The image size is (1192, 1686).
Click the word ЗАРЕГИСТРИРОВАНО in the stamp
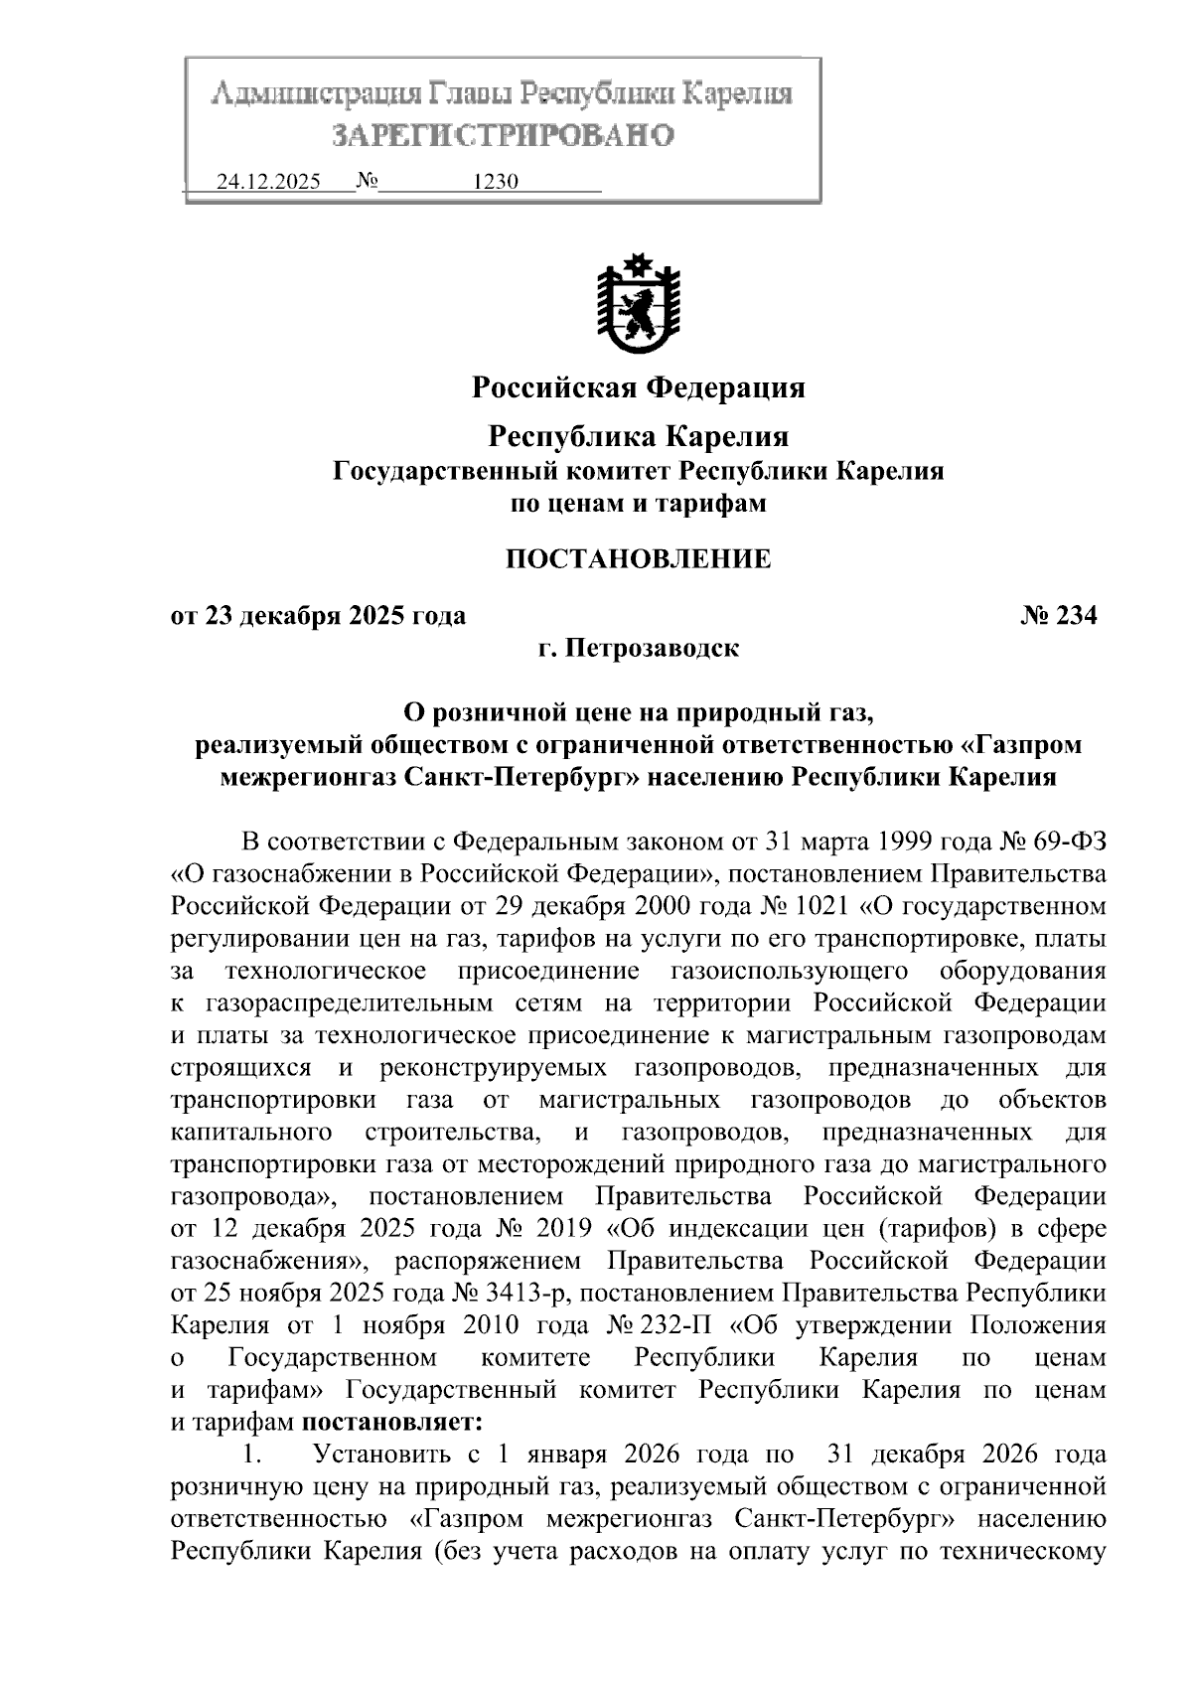503,134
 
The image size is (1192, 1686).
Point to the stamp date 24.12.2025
268,182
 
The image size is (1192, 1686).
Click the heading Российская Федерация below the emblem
638,386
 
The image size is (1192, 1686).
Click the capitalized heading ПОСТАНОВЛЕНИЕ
638,559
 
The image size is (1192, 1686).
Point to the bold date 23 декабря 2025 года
335,616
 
